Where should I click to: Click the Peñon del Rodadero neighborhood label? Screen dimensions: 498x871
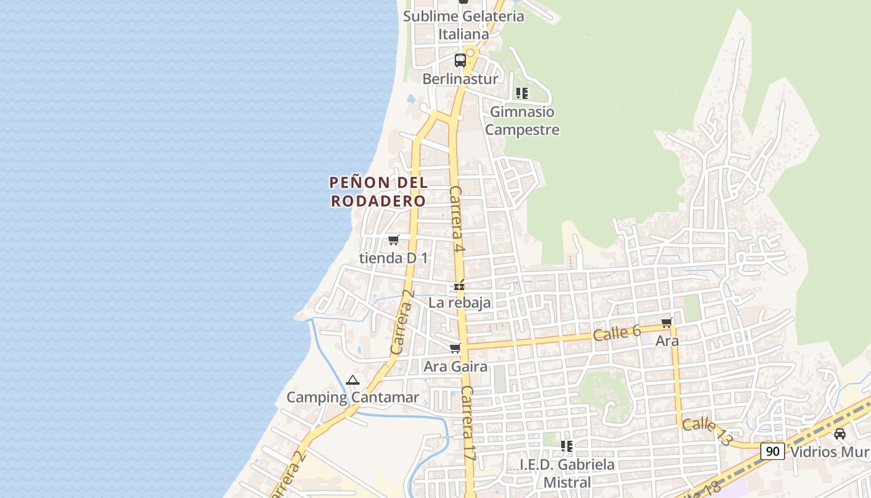tap(378, 192)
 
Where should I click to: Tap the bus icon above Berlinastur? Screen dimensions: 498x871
tap(460, 60)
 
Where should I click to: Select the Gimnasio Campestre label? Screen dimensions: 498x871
tap(522, 121)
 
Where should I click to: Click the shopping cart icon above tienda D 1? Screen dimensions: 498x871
tap(393, 240)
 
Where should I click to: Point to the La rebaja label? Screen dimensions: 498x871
tap(460, 303)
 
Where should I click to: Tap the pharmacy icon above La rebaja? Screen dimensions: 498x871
tap(459, 286)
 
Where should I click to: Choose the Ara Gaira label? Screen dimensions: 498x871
tap(455, 367)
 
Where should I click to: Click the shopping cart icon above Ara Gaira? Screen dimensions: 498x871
tap(455, 349)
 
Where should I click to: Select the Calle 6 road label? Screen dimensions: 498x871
tap(617, 332)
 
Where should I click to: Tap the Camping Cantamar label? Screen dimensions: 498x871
tap(353, 397)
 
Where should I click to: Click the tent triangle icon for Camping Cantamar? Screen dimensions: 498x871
tap(353, 380)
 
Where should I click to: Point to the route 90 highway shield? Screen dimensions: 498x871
tap(772, 451)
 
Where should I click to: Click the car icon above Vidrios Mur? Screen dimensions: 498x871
tap(839, 433)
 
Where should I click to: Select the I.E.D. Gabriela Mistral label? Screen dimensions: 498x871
tap(567, 473)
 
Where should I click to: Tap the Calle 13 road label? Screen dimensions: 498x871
tap(707, 432)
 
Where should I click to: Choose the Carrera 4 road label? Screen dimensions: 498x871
tap(457, 219)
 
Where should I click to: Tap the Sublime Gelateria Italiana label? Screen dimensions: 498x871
tap(463, 25)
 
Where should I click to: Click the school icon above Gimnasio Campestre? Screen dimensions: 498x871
tap(522, 93)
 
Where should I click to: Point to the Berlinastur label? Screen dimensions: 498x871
tap(460, 79)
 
